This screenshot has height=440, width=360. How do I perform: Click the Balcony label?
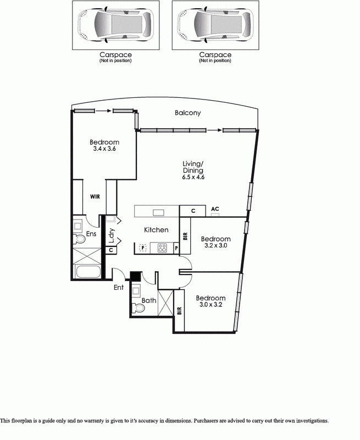(x=187, y=113)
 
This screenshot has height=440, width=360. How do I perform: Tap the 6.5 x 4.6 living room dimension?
(x=193, y=177)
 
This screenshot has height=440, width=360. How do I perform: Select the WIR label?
(x=95, y=197)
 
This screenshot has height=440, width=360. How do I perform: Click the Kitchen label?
(x=156, y=230)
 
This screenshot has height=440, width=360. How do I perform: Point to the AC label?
(x=215, y=209)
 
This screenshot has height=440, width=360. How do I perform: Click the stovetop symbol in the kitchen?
(x=162, y=248)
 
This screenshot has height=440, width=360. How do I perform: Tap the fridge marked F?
(x=143, y=248)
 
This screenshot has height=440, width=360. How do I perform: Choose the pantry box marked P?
(x=176, y=248)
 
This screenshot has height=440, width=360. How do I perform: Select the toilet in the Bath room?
(x=138, y=308)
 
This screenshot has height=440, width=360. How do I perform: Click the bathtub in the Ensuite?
(x=88, y=271)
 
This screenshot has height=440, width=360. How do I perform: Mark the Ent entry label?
(x=119, y=287)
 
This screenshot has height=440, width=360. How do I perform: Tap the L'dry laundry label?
(x=112, y=236)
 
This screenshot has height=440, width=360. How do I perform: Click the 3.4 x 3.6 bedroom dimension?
(x=104, y=148)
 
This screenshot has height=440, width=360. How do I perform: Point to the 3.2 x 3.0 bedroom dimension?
(x=215, y=245)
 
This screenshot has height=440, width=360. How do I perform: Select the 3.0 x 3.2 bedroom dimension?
(x=211, y=305)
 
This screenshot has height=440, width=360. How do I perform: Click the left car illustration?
(x=115, y=25)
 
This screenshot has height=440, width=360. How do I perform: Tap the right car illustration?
(x=215, y=25)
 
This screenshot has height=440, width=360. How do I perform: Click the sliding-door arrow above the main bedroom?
(x=103, y=111)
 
